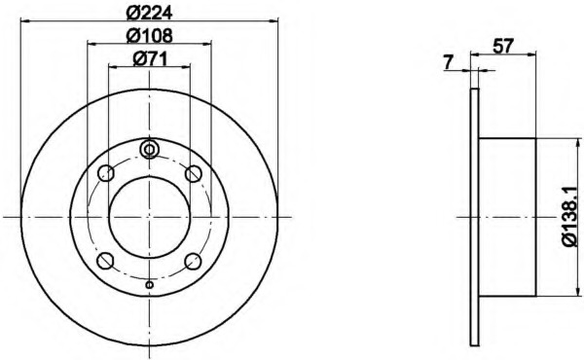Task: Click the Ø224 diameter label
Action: pos(149,13)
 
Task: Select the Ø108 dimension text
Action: pos(149,35)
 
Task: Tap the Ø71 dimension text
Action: pos(150,58)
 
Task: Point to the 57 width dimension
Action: pos(503,46)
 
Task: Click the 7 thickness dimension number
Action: pos(449,62)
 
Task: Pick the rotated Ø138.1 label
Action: pos(570,216)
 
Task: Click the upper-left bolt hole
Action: pos(106,173)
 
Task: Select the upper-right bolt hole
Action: pos(194,173)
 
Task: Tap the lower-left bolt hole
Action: pos(105,261)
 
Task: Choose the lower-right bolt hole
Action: pos(194,261)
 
